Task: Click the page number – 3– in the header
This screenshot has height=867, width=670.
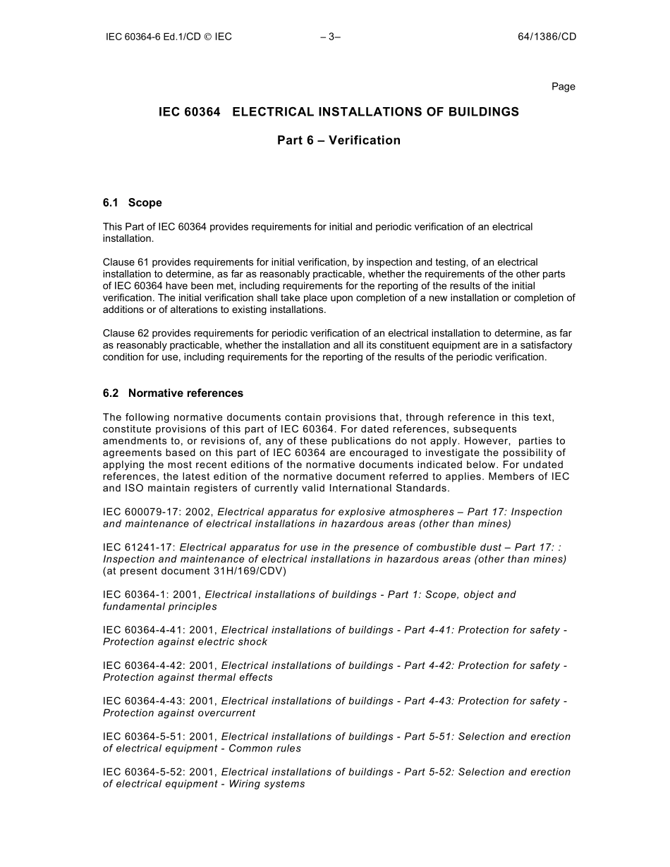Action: click(330, 37)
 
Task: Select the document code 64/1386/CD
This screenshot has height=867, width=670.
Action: click(547, 37)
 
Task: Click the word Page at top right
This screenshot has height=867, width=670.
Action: click(563, 87)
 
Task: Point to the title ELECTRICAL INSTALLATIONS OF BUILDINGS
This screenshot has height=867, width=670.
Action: click(375, 112)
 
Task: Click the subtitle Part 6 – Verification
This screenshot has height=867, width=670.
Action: click(339, 140)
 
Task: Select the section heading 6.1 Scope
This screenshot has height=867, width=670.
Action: click(132, 203)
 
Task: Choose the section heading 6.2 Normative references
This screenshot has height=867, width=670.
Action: click(173, 393)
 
